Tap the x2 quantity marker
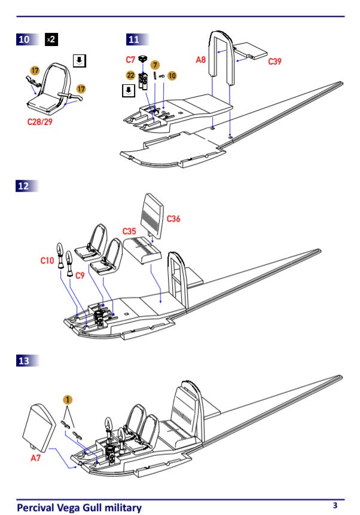pos(52,39)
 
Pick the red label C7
pos(130,59)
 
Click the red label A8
pos(202,59)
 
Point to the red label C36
pos(173,219)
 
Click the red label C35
pos(130,231)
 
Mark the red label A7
pos(37,459)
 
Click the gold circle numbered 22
pos(130,75)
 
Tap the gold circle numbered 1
pos(68,399)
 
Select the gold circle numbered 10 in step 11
pos(172,75)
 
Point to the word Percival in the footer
pos(37,508)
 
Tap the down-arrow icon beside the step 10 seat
pos(79,60)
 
